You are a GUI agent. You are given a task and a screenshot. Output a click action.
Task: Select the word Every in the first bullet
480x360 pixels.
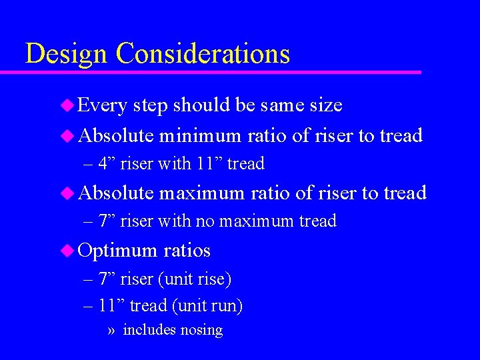(103, 105)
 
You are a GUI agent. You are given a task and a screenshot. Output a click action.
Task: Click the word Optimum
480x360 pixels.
(117, 251)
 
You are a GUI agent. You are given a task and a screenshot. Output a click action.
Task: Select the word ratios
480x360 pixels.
(187, 251)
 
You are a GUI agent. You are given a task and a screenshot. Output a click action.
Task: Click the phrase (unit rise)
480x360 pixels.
(201, 279)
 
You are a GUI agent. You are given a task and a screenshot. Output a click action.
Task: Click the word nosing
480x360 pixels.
(203, 330)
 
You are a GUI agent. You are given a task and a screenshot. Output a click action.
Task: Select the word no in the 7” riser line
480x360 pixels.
(210, 221)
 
